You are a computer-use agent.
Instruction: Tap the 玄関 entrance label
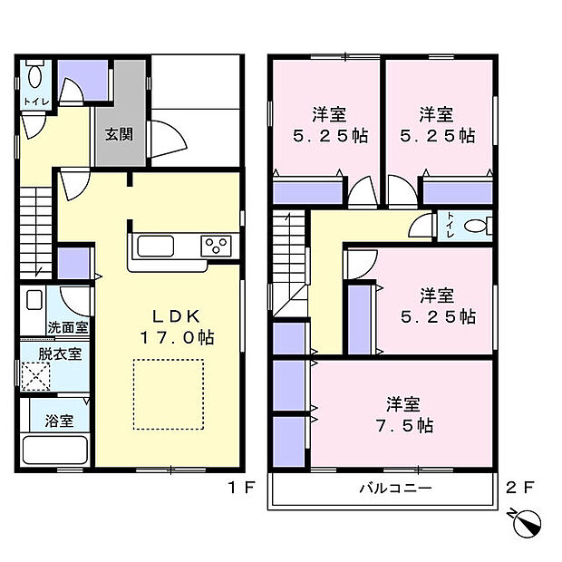pyautogui.click(x=118, y=134)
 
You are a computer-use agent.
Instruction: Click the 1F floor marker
pyautogui.click(x=238, y=488)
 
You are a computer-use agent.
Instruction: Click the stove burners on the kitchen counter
pyautogui.click(x=218, y=246)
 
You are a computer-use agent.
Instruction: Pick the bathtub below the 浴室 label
pyautogui.click(x=53, y=451)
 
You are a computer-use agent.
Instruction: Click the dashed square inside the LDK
pyautogui.click(x=169, y=393)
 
